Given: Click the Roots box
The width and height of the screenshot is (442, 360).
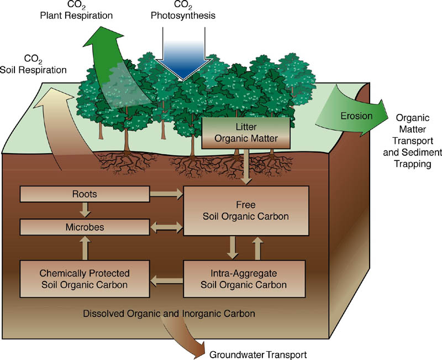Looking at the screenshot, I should pos(85,194).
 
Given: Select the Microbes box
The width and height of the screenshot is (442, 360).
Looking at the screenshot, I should pos(85,227).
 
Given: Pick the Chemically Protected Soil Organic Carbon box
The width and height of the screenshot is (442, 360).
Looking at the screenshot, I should pos(85,279).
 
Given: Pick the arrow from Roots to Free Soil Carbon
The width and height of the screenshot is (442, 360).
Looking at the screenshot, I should pos(166,194).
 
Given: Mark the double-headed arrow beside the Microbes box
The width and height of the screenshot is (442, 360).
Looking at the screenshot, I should pos(166,227).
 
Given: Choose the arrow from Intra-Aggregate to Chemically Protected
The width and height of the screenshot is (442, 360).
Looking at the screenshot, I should pos(166,279).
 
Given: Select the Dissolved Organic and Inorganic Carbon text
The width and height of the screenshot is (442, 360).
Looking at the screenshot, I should pos(169,314).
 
